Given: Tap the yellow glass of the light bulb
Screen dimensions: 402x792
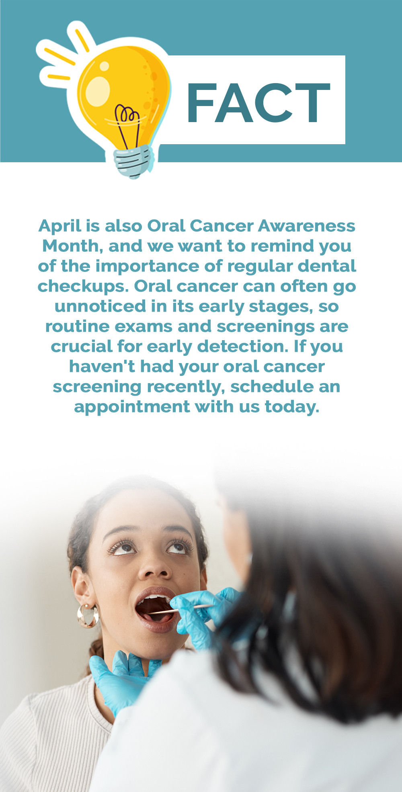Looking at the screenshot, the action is pos(121,92).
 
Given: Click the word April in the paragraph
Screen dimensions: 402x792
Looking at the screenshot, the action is pos(60,227).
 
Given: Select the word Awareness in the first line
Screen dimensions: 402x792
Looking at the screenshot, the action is pos(307,226).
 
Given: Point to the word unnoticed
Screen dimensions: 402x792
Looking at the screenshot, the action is pos(100,306).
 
